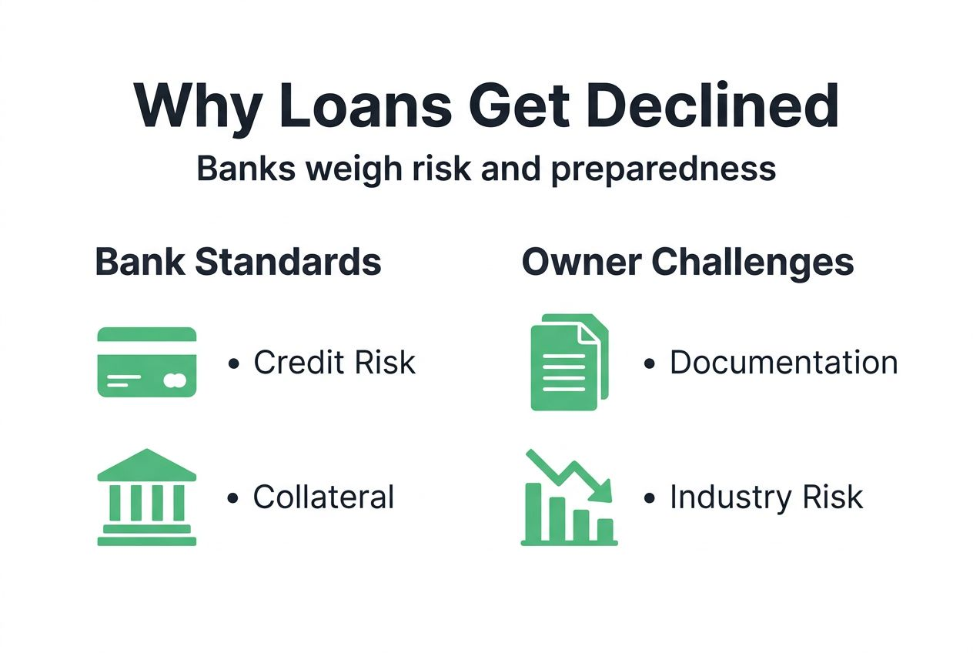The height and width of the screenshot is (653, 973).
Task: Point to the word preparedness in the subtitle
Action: [663, 169]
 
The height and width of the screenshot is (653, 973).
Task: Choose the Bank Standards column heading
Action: [238, 263]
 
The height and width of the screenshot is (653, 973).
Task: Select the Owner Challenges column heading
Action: [687, 263]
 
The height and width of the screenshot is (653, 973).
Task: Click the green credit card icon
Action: [147, 362]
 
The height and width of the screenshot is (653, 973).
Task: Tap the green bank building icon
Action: [147, 497]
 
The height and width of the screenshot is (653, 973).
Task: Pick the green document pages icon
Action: [568, 362]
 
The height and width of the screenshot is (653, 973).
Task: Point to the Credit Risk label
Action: [334, 363]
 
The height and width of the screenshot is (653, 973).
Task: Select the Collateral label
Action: [323, 497]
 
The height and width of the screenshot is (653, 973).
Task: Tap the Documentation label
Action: [783, 363]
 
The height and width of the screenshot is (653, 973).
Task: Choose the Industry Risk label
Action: [766, 497]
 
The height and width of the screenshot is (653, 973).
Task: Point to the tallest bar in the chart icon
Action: [533, 512]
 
